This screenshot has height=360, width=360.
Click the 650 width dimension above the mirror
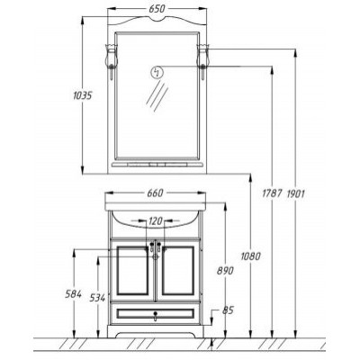coord(157,9)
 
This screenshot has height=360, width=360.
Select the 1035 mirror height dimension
coord(82,95)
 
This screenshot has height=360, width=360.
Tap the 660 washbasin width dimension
coord(155,193)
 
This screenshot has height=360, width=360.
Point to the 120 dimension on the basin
coord(156,221)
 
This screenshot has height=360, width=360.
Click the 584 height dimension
coord(73,294)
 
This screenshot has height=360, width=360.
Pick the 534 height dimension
coord(98,298)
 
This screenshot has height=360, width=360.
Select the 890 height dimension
coord(225,271)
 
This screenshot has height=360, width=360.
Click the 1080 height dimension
coord(250,256)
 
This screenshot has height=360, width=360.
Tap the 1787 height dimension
coord(272,193)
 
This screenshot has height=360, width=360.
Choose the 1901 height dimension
coord(296,193)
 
